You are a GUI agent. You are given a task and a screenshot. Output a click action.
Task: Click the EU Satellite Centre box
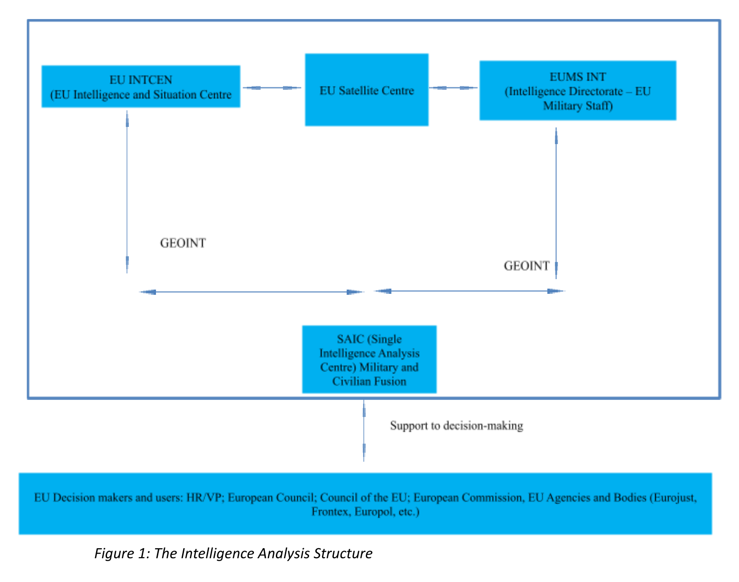(367, 89)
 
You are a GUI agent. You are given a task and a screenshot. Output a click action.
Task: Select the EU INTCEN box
(141, 86)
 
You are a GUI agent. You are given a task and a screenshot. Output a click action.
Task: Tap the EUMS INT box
(578, 90)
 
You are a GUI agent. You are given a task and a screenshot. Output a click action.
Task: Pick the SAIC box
(369, 359)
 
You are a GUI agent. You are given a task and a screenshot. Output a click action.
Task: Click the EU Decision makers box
(365, 504)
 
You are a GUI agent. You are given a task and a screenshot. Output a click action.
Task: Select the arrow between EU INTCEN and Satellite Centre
(272, 87)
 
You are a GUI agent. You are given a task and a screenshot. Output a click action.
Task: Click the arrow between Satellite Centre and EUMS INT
(453, 87)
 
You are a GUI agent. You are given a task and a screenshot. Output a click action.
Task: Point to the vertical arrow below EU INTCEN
(127, 192)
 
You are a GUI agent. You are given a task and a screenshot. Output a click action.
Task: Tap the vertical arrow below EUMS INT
(556, 203)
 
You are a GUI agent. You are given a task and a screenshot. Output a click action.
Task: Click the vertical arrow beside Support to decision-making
(364, 431)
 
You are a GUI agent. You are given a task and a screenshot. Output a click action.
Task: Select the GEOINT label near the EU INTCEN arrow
(183, 243)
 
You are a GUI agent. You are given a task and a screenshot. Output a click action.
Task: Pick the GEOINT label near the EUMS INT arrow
(526, 266)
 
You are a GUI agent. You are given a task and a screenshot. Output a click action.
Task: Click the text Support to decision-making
(457, 426)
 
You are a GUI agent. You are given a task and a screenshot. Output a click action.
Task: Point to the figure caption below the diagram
(233, 553)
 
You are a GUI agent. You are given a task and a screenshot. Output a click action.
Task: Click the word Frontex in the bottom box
(331, 512)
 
